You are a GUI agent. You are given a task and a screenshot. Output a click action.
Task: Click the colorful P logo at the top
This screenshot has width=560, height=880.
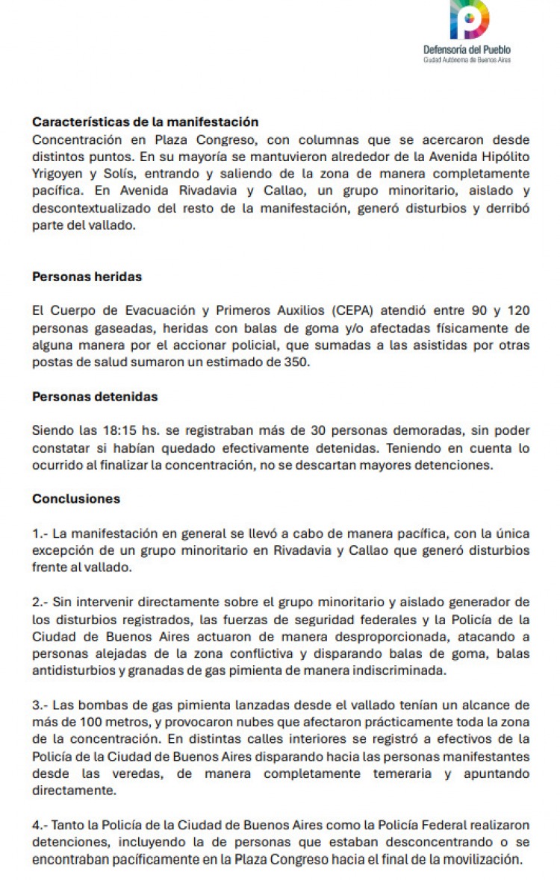[x=469, y=19]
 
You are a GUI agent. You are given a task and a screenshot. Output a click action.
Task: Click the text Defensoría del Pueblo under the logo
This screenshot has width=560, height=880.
[x=467, y=49]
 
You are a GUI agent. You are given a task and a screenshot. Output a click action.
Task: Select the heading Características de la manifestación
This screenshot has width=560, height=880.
[x=145, y=122]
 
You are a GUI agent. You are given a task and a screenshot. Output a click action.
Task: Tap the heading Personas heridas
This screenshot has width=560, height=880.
[x=87, y=277]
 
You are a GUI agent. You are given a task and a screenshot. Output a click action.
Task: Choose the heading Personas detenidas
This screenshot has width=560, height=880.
[x=95, y=397]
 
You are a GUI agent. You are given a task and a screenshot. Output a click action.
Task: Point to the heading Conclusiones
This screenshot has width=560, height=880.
[x=76, y=499]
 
